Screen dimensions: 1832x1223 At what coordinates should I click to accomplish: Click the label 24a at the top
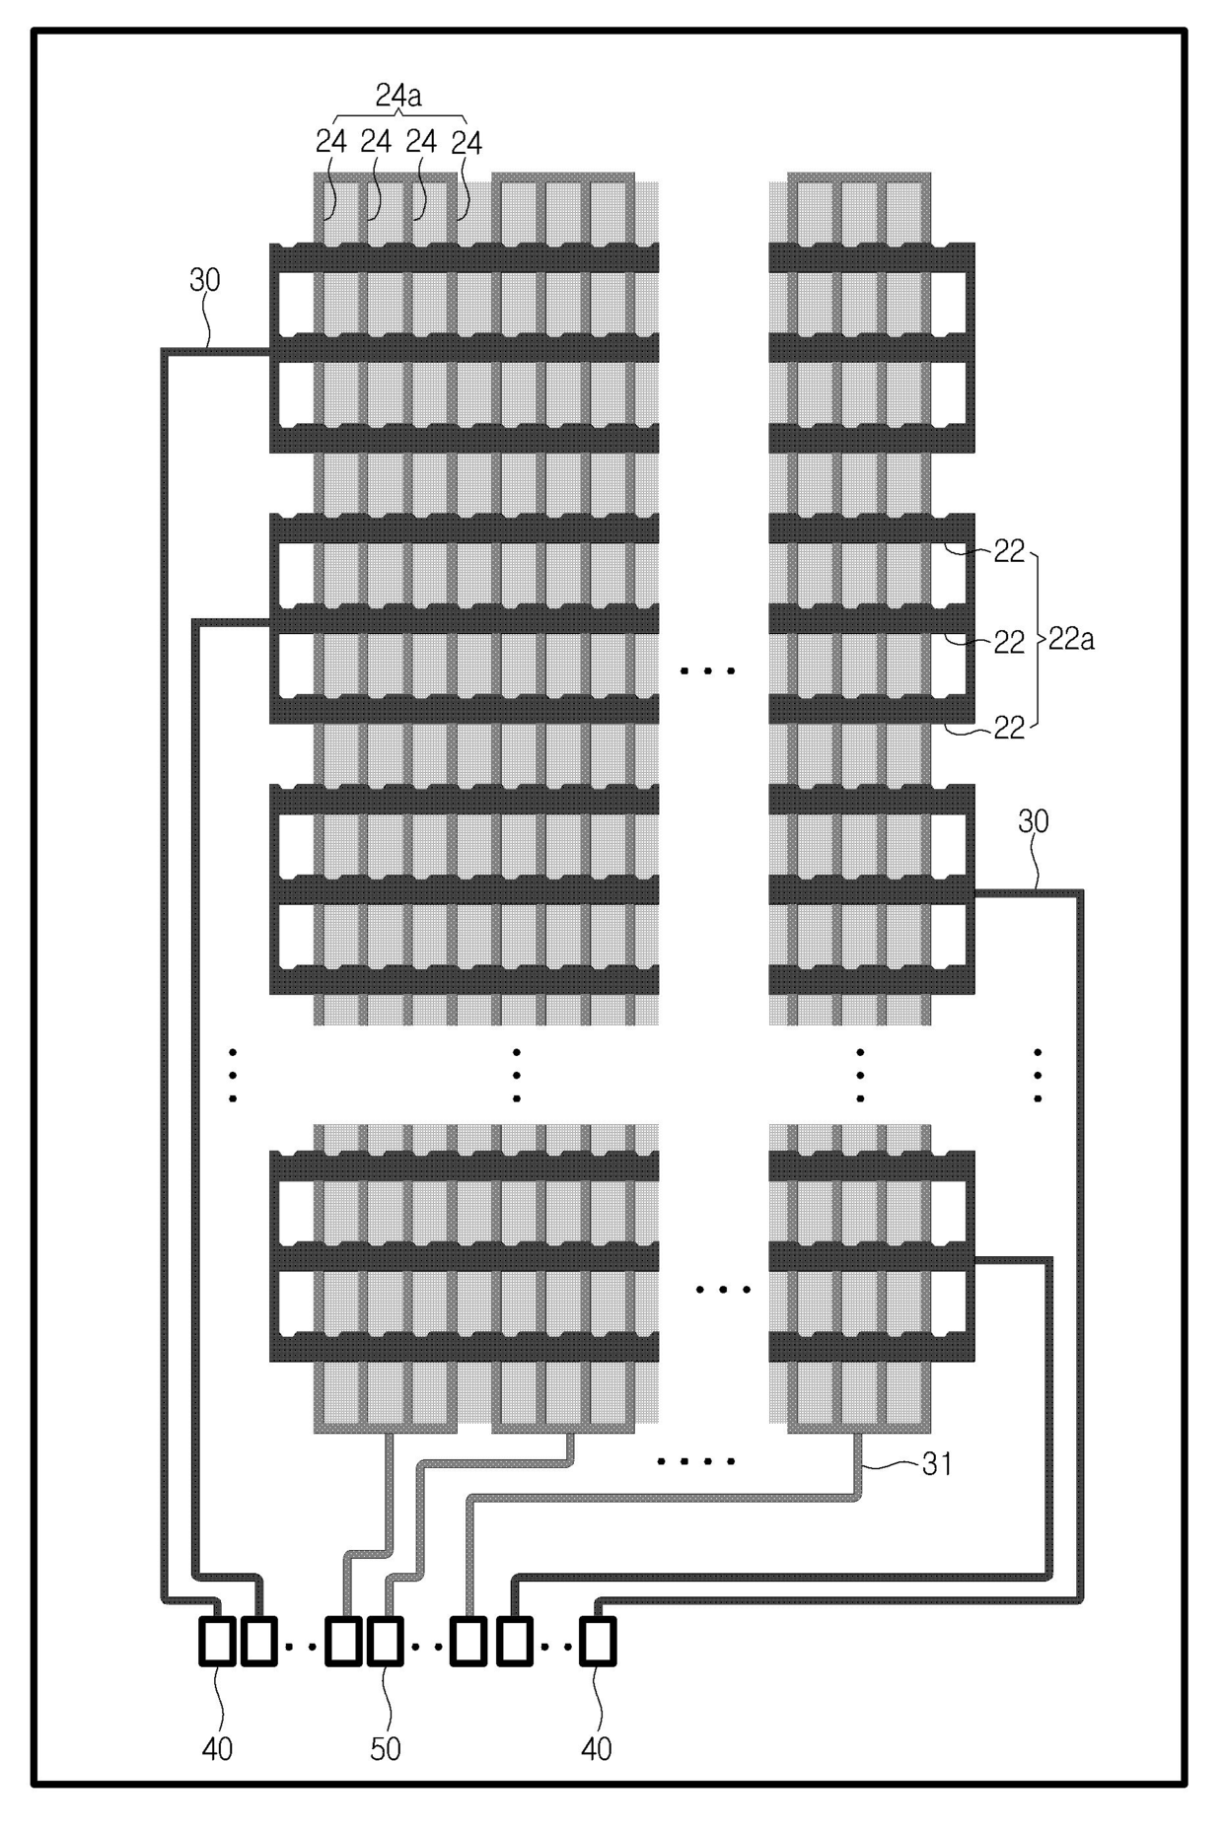[397, 95]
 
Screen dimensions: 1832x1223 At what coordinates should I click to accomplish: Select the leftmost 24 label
[331, 142]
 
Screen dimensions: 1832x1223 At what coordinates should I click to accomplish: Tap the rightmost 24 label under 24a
[466, 144]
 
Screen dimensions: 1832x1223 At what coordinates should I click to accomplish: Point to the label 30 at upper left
[204, 280]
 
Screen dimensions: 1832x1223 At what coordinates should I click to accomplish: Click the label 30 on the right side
[1033, 821]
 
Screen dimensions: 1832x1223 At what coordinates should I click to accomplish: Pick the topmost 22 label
[1008, 552]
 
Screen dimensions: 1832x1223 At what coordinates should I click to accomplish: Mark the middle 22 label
[1008, 643]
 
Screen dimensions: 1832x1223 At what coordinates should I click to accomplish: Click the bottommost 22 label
[1008, 729]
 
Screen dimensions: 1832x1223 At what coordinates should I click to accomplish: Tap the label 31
[936, 1464]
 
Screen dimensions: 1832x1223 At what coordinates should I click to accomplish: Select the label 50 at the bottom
[385, 1749]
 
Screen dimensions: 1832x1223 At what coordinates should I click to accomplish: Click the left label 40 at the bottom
[217, 1749]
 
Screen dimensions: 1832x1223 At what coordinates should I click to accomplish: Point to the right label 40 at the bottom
[596, 1749]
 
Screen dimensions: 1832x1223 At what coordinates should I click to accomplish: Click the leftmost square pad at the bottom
[217, 1642]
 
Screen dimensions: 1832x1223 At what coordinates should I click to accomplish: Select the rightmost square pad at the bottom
[597, 1642]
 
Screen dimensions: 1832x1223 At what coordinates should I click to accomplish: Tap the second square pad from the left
[258, 1642]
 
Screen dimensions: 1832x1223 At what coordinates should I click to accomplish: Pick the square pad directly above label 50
[385, 1642]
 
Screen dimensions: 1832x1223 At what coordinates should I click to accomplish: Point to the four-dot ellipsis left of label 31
[696, 1461]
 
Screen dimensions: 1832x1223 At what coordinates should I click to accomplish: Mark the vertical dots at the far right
[1038, 1076]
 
